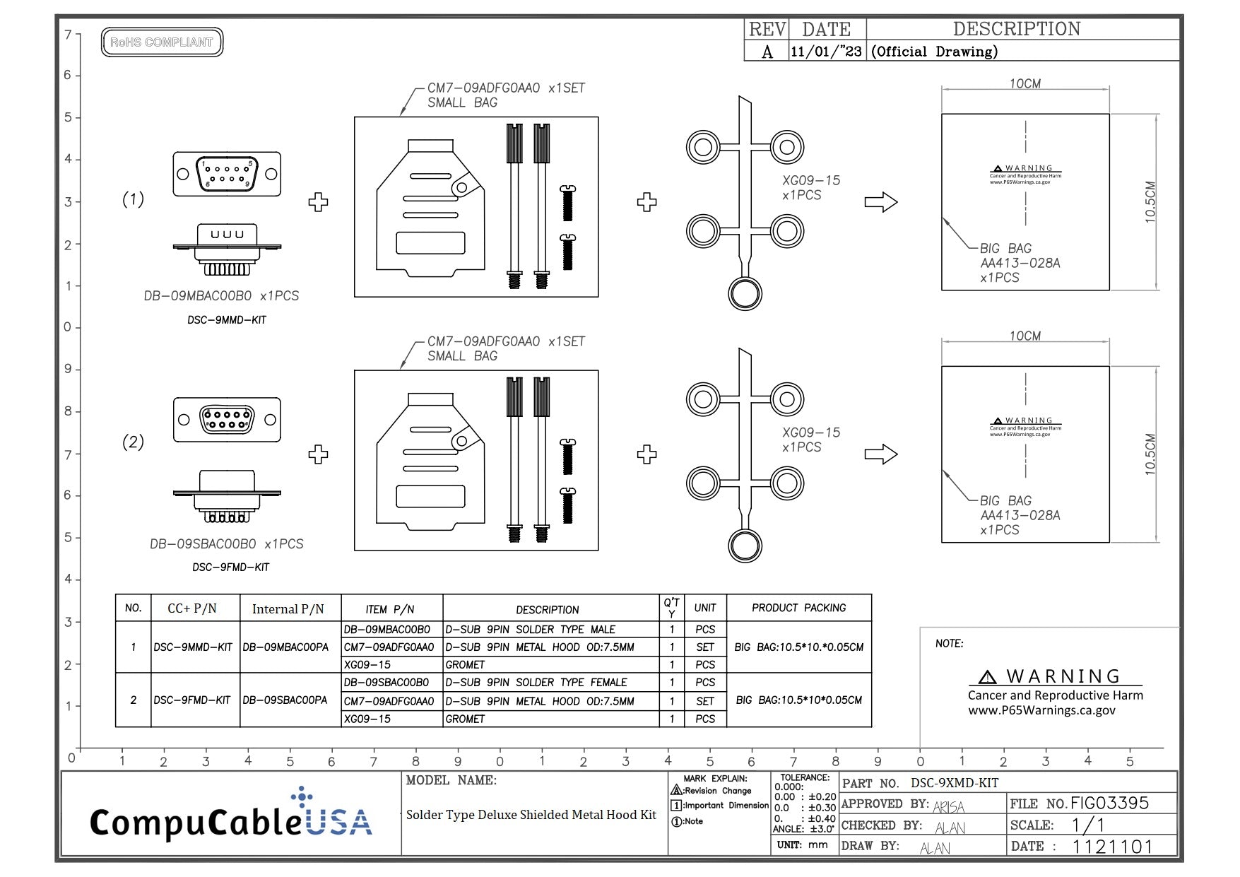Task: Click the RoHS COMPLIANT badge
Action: (162, 42)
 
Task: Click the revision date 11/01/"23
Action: (826, 52)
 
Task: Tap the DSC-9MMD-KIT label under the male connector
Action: (227, 320)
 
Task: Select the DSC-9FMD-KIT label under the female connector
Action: (230, 567)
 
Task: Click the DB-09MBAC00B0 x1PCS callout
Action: (221, 296)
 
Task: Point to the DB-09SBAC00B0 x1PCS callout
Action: (226, 544)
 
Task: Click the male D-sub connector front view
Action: (227, 174)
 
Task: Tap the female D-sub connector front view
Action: (227, 420)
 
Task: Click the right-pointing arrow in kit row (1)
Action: (880, 202)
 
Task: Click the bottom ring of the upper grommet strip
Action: (745, 293)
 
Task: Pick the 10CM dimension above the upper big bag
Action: (1025, 83)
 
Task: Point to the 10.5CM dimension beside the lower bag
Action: (1150, 454)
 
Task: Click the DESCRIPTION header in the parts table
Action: (547, 609)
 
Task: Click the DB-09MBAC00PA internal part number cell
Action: (285, 647)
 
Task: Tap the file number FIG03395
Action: (1109, 803)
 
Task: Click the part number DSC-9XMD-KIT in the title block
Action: (954, 783)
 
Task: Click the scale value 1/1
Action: (1087, 825)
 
